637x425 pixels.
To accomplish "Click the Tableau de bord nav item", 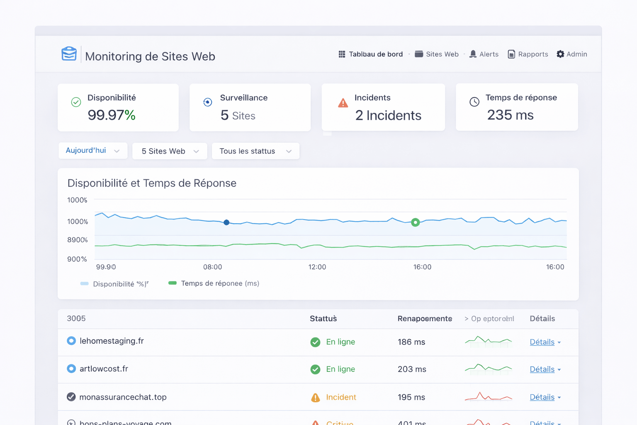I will point(371,54).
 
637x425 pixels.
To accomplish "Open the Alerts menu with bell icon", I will point(484,54).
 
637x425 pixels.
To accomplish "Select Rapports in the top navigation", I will point(528,54).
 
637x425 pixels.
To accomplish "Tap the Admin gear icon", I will point(560,54).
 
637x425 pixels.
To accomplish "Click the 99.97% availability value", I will point(111,115).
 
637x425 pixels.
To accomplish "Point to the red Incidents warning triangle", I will point(343,103).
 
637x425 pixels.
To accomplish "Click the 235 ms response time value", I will point(510,115).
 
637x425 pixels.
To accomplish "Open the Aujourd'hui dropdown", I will point(92,151).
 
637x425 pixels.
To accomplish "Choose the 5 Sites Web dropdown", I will point(170,151).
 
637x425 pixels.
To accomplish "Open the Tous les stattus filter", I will point(255,151).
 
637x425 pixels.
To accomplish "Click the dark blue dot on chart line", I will point(226,222).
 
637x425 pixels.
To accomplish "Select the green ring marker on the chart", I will point(415,222).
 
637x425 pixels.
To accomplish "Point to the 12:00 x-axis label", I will point(317,267).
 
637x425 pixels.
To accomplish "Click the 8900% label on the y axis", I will point(78,240).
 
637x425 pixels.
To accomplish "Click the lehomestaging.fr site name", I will point(112,341).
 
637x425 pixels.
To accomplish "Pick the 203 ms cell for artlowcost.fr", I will point(411,369).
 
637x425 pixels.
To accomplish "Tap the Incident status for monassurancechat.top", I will point(340,397).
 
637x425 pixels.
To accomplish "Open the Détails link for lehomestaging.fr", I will point(542,342).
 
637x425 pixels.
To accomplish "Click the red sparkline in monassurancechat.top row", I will point(488,397).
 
